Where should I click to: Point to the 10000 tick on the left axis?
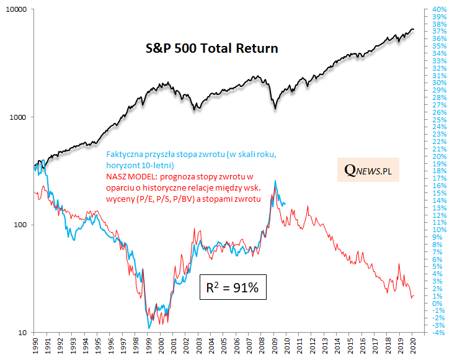click(x=17, y=10)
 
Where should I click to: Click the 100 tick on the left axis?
click(x=20, y=225)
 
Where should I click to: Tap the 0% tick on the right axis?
click(x=436, y=304)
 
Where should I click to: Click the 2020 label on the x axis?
click(x=413, y=345)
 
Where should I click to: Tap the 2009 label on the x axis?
click(x=274, y=345)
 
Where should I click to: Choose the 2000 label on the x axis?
click(x=161, y=345)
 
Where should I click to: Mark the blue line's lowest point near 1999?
click(x=149, y=327)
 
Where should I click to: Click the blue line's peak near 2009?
click(x=275, y=181)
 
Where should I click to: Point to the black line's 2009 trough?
click(x=275, y=109)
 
